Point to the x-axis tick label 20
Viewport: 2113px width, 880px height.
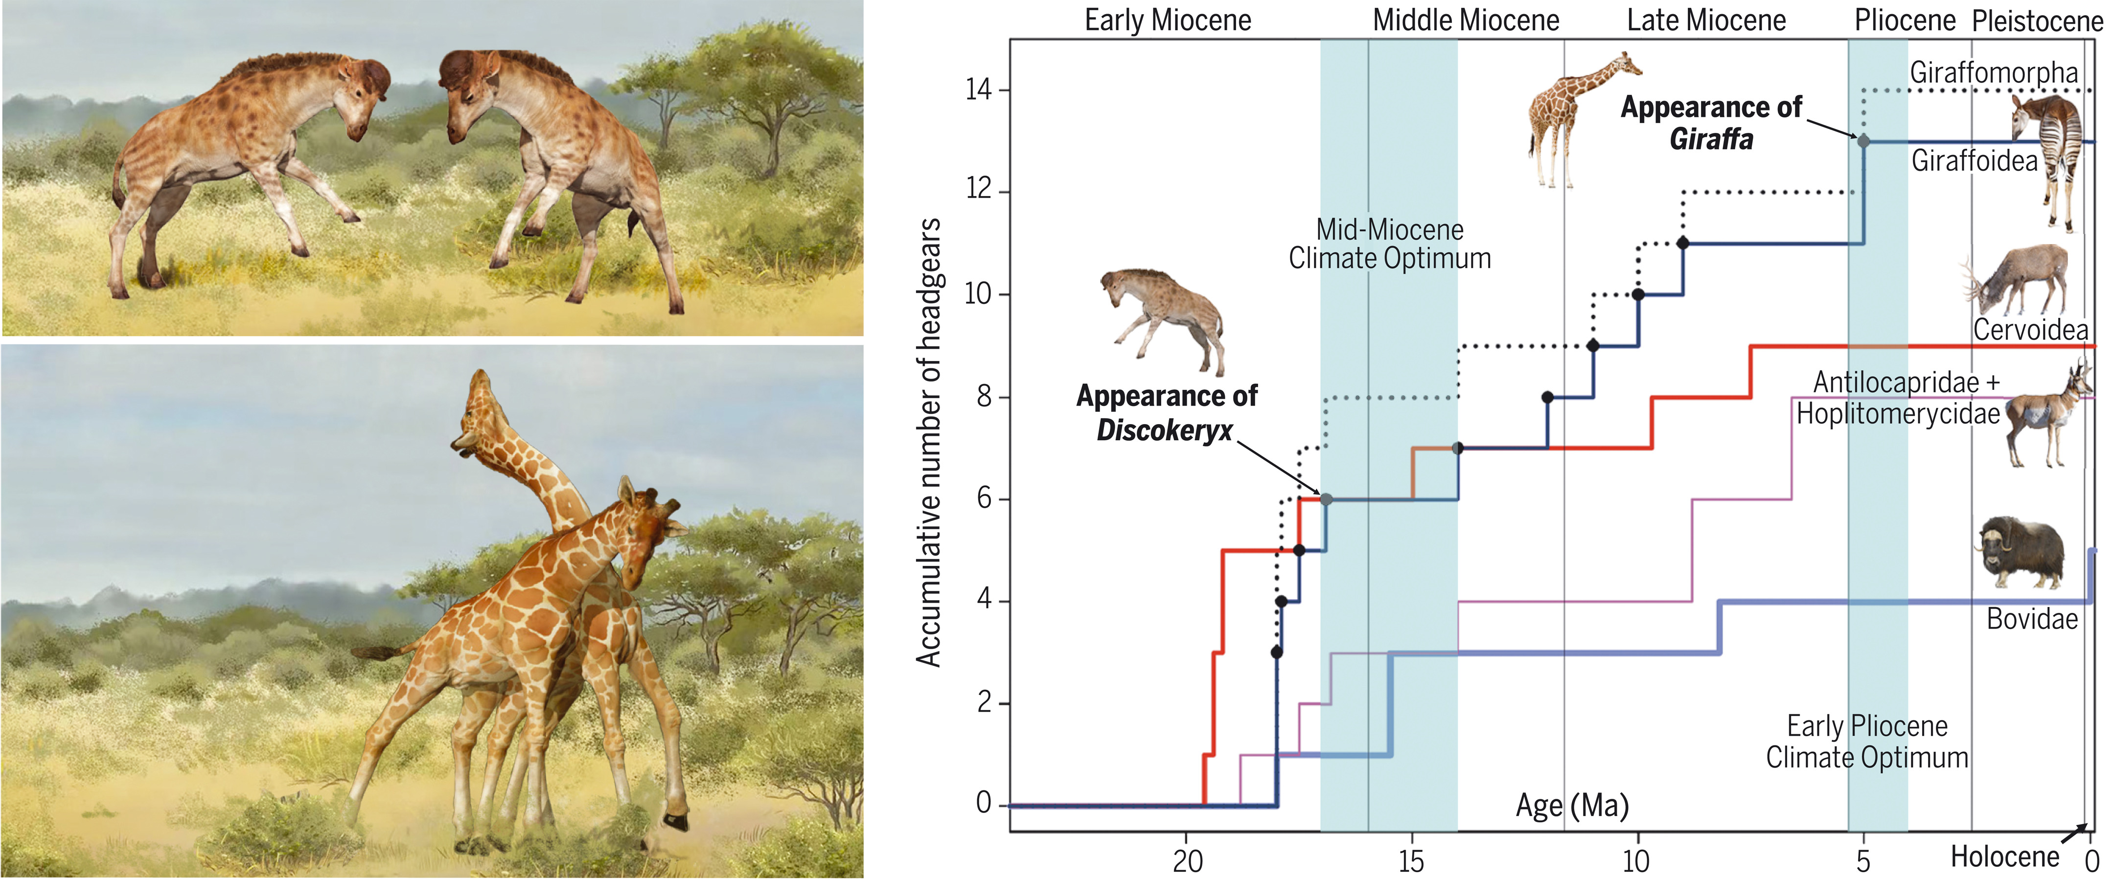[x=1187, y=861]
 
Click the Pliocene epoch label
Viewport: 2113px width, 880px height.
[x=1905, y=21]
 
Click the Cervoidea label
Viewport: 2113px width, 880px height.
[x=2030, y=330]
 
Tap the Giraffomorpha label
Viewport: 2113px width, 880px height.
[x=1993, y=72]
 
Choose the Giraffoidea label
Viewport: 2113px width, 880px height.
[x=1975, y=161]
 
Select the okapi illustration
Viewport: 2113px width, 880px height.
[x=2051, y=156]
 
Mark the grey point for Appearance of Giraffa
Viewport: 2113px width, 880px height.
[x=1863, y=141]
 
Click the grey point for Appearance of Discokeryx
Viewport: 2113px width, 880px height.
[x=1326, y=498]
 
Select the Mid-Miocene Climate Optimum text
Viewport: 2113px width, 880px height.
[x=1390, y=244]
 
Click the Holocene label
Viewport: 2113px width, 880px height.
[x=2004, y=857]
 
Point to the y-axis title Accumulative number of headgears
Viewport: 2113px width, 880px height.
[x=929, y=443]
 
